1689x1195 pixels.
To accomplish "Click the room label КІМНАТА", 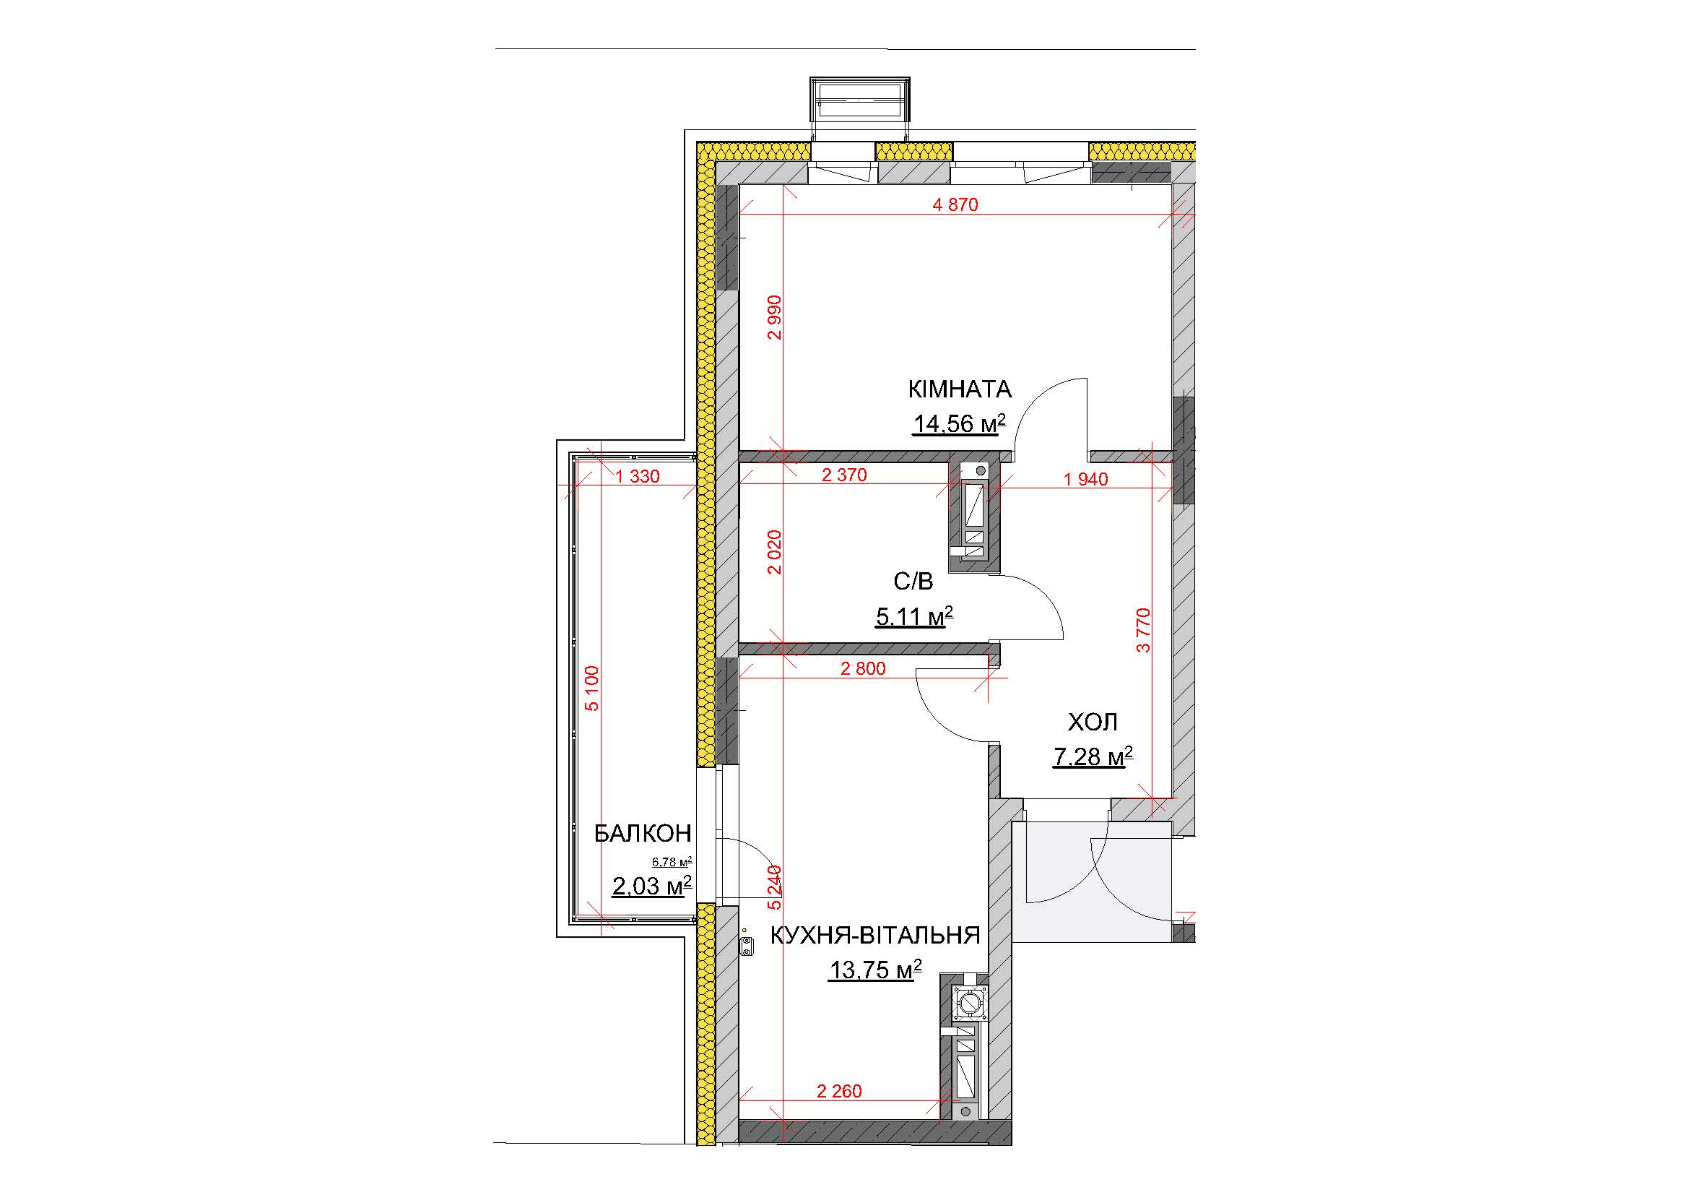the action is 960,389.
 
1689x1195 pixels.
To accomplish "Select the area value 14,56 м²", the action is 959,423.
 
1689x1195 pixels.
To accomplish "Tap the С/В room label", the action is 913,582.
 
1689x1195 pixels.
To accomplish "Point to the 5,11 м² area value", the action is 914,616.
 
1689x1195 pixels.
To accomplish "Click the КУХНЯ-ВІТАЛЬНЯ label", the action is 874,935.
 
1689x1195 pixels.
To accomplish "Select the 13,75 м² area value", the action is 875,970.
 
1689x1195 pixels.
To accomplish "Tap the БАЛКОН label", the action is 642,833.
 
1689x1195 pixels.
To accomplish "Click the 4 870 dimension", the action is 955,204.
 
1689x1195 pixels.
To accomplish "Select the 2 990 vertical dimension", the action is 774,317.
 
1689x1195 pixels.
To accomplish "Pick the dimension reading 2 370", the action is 845,475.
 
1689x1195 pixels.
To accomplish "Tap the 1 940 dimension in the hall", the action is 1086,479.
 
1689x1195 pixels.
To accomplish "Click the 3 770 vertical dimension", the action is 1142,630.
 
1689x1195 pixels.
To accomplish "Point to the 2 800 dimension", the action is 863,669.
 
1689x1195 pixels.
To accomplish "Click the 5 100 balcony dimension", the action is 592,688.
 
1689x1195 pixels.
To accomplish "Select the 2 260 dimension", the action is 839,1091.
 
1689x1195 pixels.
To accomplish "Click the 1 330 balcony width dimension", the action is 638,477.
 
